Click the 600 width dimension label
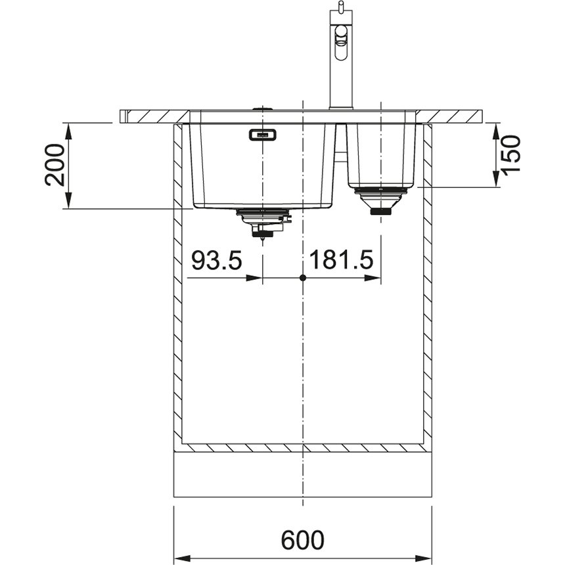(302, 539)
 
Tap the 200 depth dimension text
(55, 165)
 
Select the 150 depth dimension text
(511, 156)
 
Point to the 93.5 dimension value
(217, 260)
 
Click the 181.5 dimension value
(341, 260)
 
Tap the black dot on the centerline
(303, 278)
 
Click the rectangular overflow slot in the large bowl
(262, 135)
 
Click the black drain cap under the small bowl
(380, 212)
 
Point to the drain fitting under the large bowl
(263, 222)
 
